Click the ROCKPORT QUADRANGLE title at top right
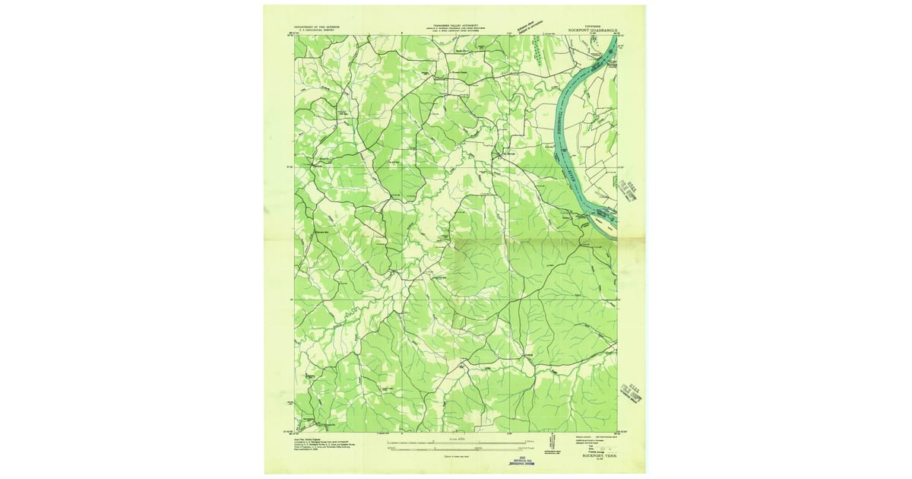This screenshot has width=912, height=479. pos(594,31)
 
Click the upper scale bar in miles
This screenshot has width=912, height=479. pos(455,441)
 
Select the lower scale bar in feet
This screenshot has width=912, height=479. pos(455,449)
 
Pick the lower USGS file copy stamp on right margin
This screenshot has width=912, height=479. pos(633,395)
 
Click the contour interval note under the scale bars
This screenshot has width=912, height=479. pos(455,455)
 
